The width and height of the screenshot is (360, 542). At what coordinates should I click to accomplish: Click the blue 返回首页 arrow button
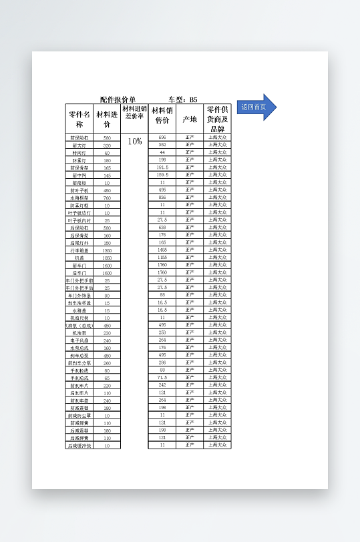click(255, 107)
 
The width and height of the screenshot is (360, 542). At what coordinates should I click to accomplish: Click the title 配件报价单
click(118, 99)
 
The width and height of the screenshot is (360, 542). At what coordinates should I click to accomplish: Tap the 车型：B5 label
click(183, 99)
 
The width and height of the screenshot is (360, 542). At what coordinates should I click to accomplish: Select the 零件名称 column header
click(79, 119)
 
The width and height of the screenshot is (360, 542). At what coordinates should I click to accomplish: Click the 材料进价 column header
click(107, 119)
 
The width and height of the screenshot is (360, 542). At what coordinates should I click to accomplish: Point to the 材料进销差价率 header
click(134, 111)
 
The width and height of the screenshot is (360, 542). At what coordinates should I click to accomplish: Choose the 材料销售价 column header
click(162, 115)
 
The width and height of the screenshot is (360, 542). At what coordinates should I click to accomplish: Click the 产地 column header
click(190, 119)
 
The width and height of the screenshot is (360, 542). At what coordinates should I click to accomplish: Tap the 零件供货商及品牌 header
click(218, 119)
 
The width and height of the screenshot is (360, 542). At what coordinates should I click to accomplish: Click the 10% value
click(134, 142)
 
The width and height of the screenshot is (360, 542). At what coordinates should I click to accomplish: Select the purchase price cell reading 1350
click(107, 250)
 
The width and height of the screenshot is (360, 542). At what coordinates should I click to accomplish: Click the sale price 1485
click(162, 250)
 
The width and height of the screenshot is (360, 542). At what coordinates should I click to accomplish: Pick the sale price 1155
click(162, 258)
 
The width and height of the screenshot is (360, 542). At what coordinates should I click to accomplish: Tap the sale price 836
click(162, 198)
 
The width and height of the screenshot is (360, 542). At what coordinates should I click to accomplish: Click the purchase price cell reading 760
click(107, 198)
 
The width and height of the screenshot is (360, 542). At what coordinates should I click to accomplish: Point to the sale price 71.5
click(162, 378)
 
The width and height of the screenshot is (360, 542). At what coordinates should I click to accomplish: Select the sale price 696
click(162, 138)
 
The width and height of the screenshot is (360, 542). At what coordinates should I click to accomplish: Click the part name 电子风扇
click(79, 340)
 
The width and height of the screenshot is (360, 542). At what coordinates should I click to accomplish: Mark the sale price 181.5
click(162, 168)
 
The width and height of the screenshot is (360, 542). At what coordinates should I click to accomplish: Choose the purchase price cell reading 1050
click(107, 258)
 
